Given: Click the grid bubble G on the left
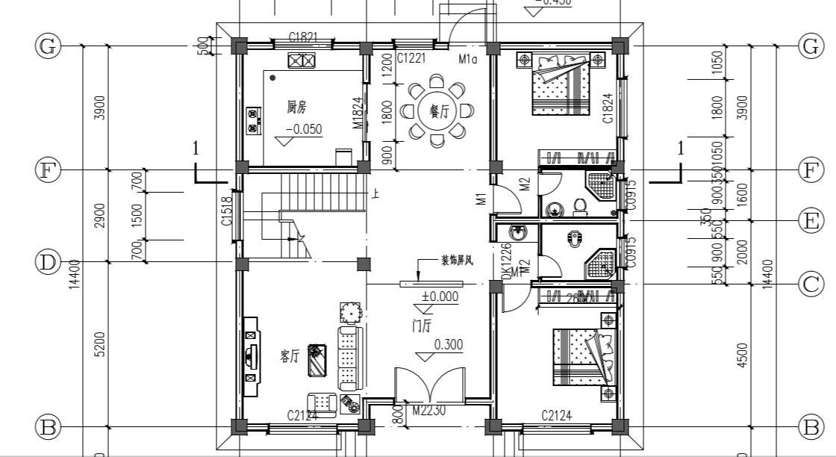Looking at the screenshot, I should click(48, 46).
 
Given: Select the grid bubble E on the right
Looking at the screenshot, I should click(810, 220).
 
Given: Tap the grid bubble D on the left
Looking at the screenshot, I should click(48, 263).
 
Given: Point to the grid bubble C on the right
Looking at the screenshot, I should click(810, 285).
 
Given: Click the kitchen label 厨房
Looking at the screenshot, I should click(298, 108).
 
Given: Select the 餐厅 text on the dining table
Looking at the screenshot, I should click(437, 111).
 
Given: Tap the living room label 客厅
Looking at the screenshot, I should click(290, 356).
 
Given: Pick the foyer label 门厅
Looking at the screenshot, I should click(422, 326).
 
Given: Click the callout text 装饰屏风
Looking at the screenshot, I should click(458, 261).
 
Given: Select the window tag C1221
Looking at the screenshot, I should click(411, 57).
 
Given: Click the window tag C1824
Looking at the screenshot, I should click(608, 108).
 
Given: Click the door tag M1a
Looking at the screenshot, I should click(467, 57).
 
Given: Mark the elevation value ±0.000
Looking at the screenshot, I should click(440, 296).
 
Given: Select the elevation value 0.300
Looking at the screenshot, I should click(448, 345).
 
